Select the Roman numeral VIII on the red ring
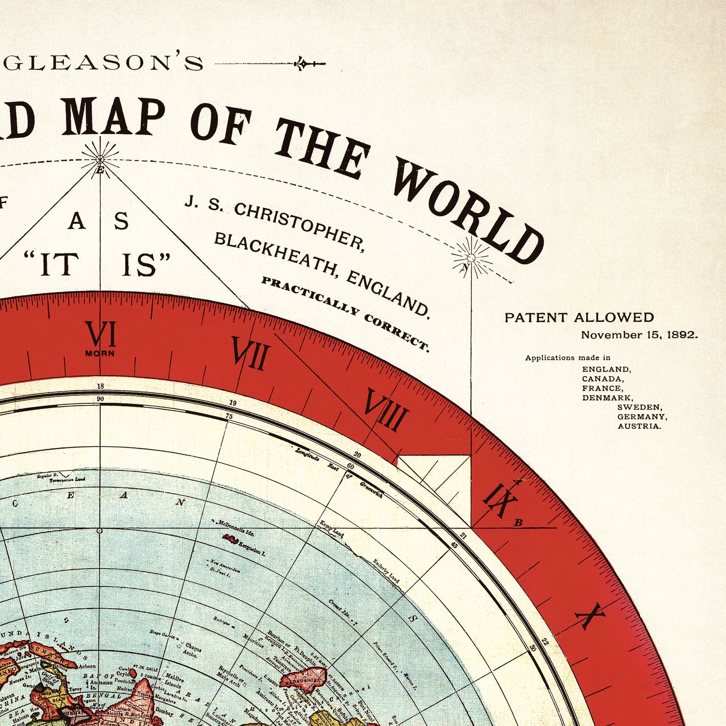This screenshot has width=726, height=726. (385, 410)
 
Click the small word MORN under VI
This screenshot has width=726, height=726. (100, 353)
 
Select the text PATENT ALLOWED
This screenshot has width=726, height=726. (579, 317)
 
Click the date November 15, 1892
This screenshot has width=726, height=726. (639, 335)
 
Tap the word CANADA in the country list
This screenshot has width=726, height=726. (603, 379)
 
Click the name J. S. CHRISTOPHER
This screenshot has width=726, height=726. (274, 224)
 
